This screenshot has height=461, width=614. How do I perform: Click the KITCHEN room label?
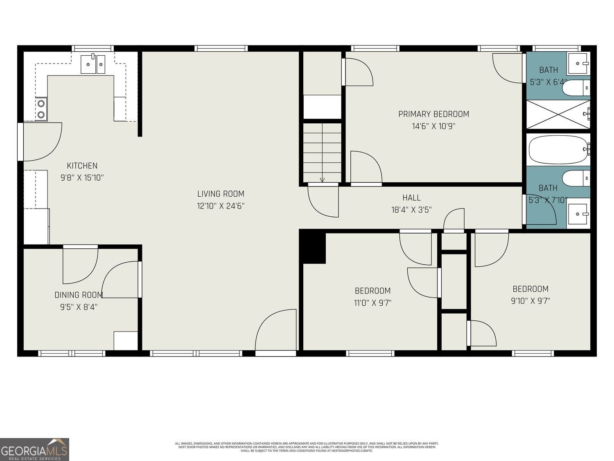click(82, 166)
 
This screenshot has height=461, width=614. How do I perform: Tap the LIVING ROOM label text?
click(221, 194)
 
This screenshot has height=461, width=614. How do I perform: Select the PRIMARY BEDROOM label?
click(433, 114)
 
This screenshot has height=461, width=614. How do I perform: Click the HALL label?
click(411, 198)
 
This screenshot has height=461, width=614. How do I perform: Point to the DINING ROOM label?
click(79, 295)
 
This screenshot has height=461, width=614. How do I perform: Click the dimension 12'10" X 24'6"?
click(221, 206)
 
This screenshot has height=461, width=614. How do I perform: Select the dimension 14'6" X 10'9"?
click(433, 126)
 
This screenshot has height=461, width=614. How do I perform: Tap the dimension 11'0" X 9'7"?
click(372, 303)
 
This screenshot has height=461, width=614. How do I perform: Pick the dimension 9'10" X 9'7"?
click(530, 301)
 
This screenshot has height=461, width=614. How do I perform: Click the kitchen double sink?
click(93, 64)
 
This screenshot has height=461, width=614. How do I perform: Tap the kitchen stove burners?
click(41, 109)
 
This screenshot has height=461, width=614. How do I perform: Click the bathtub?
click(558, 150)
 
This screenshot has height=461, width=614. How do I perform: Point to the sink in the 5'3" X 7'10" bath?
click(578, 214)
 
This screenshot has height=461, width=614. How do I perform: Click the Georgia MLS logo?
click(34, 450)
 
